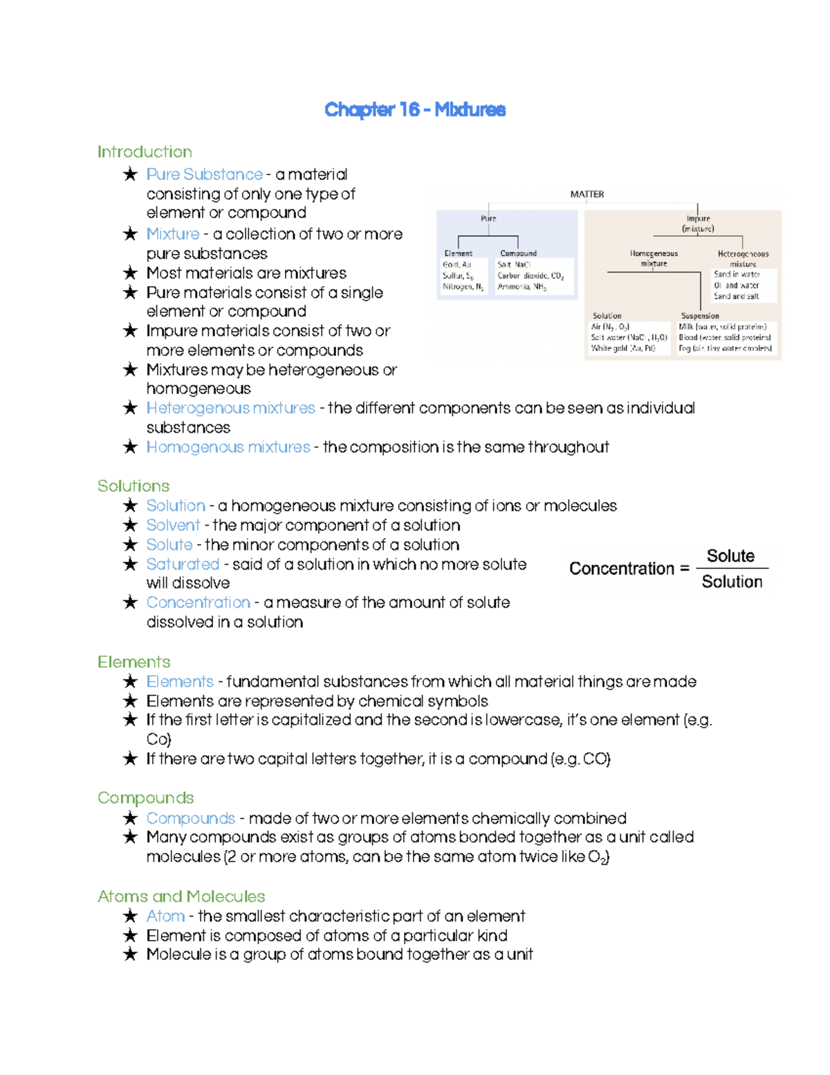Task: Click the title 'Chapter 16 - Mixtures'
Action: pyautogui.click(x=415, y=109)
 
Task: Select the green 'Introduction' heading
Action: pyautogui.click(x=145, y=152)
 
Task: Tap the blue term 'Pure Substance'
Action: pyautogui.click(x=204, y=174)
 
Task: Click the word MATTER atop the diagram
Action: pyautogui.click(x=587, y=195)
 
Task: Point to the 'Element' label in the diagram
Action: pyautogui.click(x=458, y=253)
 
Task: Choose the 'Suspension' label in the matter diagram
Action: pyautogui.click(x=699, y=316)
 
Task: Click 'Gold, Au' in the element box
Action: pyautogui.click(x=456, y=264)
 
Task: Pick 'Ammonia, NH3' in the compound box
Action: pyautogui.click(x=522, y=287)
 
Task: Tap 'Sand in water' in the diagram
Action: pyautogui.click(x=737, y=274)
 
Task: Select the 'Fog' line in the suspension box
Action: pyautogui.click(x=725, y=349)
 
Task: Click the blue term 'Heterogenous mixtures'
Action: pyautogui.click(x=230, y=408)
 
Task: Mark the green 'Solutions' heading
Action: pyautogui.click(x=133, y=486)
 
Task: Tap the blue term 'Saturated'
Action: pyautogui.click(x=183, y=564)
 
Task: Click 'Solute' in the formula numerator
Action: pyautogui.click(x=730, y=556)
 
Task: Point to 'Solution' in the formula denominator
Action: pyautogui.click(x=732, y=581)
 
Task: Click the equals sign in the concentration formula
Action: pyautogui.click(x=685, y=568)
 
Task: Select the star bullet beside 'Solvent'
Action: pyautogui.click(x=130, y=525)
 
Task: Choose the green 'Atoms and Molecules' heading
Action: pyautogui.click(x=181, y=896)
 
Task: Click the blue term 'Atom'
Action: pyautogui.click(x=165, y=916)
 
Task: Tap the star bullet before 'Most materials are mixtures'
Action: pyautogui.click(x=130, y=273)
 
